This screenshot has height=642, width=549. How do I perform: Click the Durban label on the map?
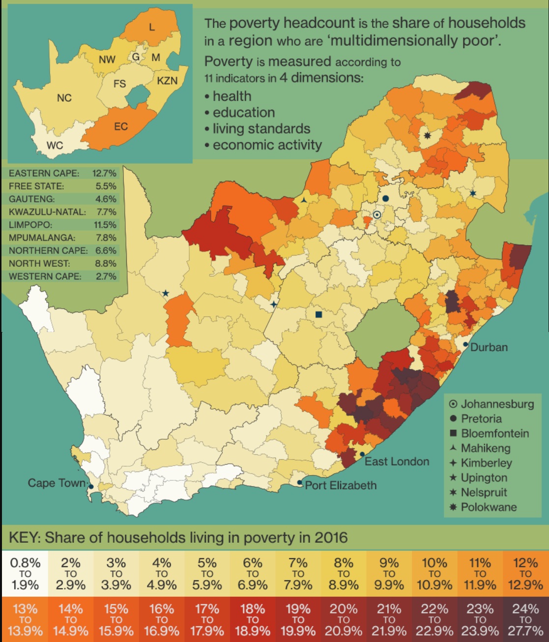pos(489,347)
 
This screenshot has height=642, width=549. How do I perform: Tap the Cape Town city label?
pos(57,483)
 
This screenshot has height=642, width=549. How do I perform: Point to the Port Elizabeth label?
pos(341,485)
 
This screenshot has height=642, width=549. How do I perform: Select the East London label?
pos(397,462)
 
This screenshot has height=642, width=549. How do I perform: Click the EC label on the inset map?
pos(121,127)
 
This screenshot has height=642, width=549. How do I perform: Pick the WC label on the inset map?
pos(55,145)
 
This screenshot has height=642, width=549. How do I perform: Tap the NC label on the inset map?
pos(64,98)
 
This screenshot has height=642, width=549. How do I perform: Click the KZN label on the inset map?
pos(167,81)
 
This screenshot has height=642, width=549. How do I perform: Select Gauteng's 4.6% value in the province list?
pos(106,199)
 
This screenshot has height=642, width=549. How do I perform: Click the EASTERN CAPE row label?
pos(44,173)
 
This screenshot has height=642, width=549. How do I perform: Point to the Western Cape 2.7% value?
pos(106,276)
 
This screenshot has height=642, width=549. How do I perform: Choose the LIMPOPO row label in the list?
pos(30,225)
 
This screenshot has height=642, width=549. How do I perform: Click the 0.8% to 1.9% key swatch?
pos(25,574)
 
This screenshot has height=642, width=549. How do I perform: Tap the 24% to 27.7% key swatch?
pos(525,620)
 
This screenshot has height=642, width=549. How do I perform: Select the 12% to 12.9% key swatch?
pos(525,574)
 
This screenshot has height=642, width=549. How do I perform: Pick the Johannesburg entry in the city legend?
pos(497,404)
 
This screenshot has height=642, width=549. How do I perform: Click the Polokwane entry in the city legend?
pos(489,507)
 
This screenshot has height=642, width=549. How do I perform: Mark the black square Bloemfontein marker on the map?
pos(318,314)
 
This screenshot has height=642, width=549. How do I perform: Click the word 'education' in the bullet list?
pos(244,112)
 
